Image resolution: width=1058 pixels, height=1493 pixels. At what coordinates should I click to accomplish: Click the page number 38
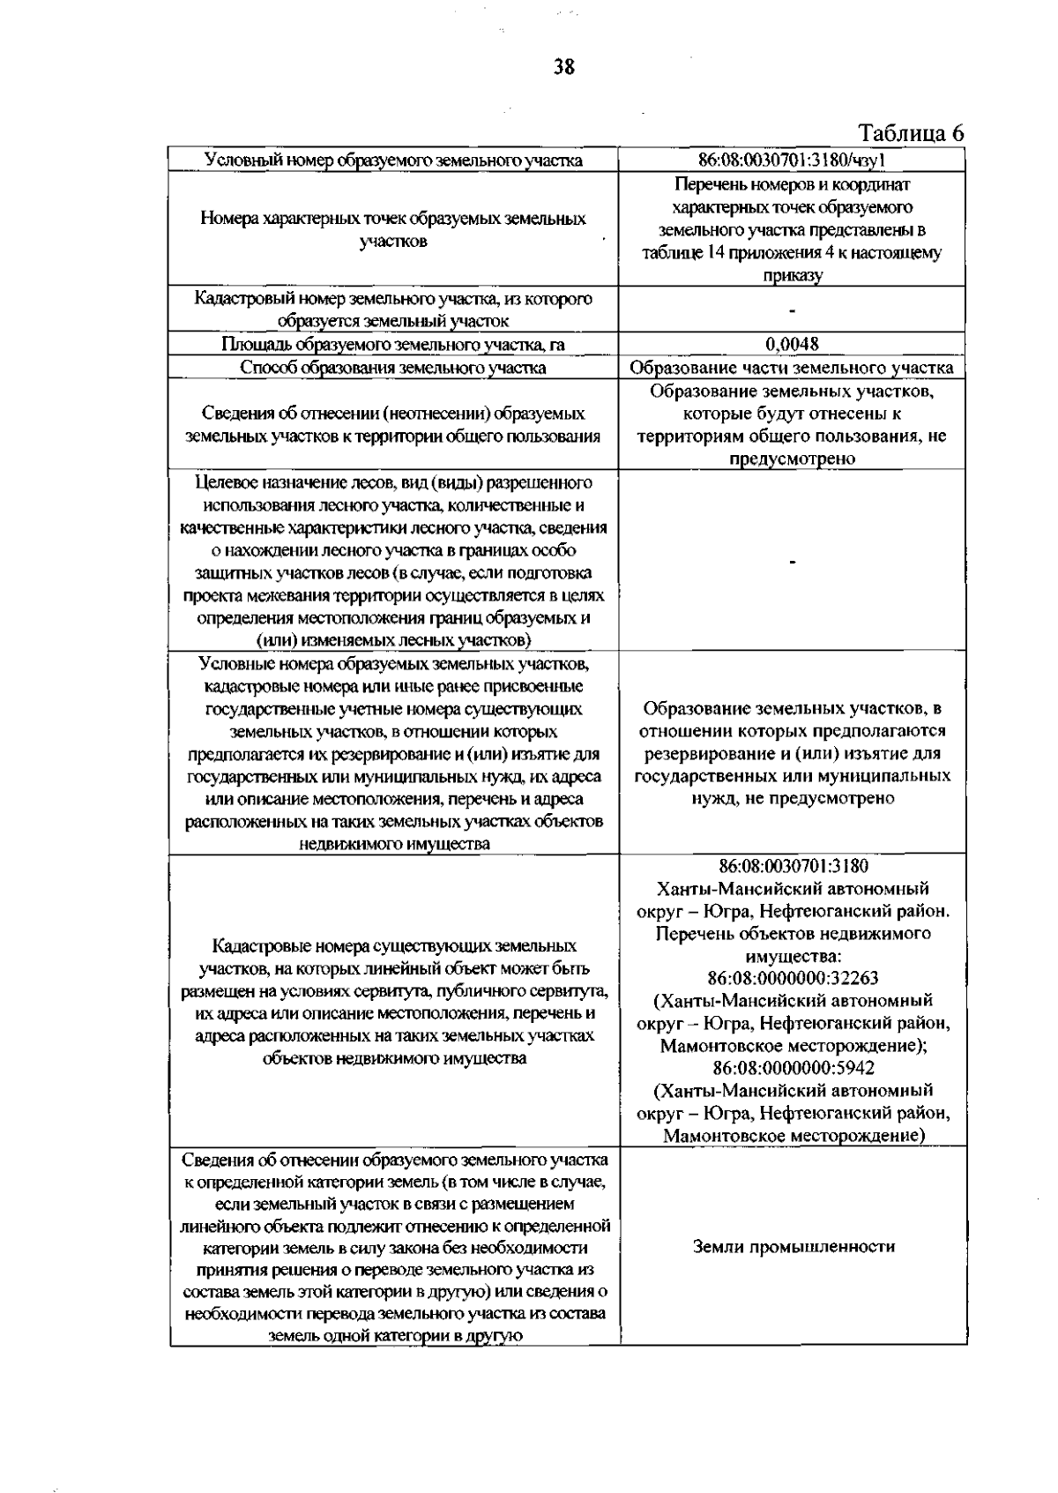coord(563,66)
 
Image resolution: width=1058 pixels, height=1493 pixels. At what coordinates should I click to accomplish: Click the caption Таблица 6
coord(911,133)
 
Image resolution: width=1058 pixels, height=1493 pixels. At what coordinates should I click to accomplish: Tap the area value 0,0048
coord(792,344)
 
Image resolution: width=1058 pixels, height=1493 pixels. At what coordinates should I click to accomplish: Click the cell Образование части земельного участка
coord(792,368)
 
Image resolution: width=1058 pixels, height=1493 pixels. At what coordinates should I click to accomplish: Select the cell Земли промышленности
coord(793,1246)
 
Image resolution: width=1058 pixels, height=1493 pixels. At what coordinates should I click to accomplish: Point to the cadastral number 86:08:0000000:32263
coord(793,978)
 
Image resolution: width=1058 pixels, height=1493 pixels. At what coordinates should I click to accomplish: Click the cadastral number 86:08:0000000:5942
coord(793,1068)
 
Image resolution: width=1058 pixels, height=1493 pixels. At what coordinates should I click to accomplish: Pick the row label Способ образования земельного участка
coord(393,368)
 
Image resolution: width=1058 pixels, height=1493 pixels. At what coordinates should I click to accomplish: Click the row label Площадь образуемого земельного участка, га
coord(393,344)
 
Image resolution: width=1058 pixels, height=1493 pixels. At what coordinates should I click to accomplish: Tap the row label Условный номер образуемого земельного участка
coord(393,160)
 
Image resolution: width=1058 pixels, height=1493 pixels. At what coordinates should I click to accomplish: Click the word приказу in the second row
coord(793,276)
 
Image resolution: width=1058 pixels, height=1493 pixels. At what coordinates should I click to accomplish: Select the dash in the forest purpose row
coord(793,562)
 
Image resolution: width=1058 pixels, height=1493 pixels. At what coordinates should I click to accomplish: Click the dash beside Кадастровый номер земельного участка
coord(793,310)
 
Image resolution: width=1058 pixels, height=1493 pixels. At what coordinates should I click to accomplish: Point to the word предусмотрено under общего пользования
coord(792,459)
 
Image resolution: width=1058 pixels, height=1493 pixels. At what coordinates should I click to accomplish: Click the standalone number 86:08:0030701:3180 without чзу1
coord(793,866)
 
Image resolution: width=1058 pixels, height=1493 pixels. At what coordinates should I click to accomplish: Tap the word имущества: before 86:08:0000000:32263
coord(793,956)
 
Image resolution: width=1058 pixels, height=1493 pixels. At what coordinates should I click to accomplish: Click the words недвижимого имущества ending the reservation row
coord(394,844)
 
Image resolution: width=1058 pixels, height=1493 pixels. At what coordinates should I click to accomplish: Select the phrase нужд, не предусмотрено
coord(793,798)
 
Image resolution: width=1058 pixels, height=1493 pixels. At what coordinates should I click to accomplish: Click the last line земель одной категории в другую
coord(394,1335)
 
